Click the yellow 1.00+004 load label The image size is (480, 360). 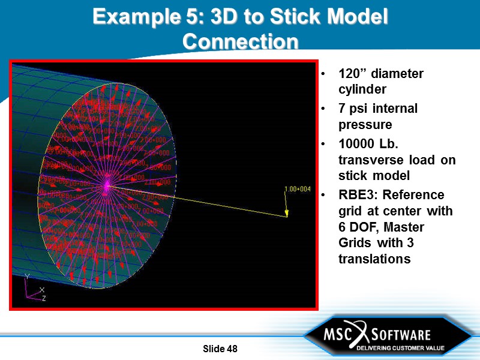pos(297,190)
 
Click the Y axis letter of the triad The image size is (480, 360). pos(26,277)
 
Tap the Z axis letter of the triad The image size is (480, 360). pos(44,298)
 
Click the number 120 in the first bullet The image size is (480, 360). pos(350,74)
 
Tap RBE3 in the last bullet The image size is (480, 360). pos(358,196)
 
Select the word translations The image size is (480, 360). pos(374,259)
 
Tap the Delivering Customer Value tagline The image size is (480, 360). pos(401,348)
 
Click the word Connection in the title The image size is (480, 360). pos(240,41)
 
